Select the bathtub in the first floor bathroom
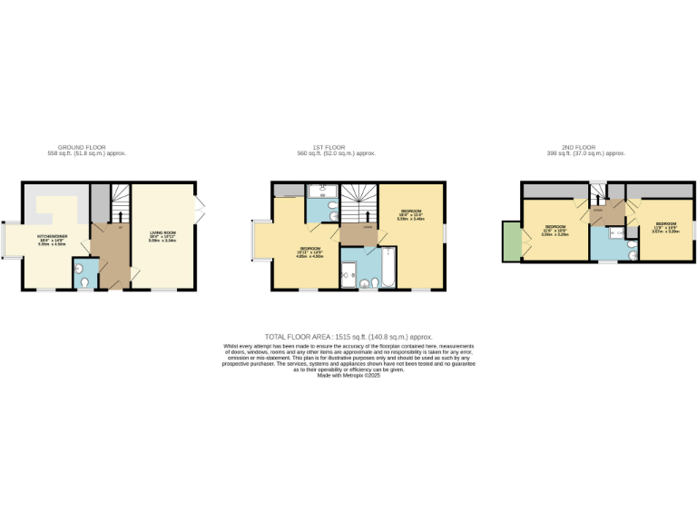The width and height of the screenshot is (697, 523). click(x=381, y=266)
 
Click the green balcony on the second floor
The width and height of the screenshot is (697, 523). click(x=511, y=242)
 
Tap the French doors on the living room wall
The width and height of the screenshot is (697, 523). click(x=197, y=209)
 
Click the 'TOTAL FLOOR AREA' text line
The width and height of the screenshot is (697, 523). click(x=348, y=336)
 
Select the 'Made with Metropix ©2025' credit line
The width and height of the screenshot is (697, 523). click(x=348, y=375)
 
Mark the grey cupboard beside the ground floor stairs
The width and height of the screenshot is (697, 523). click(x=100, y=202)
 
